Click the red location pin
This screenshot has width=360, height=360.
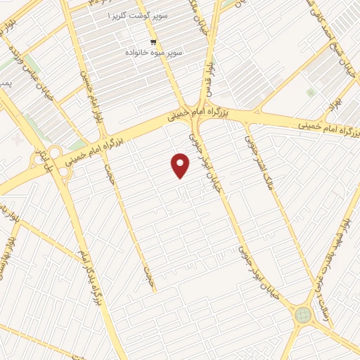181,165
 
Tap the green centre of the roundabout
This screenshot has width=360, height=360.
303,314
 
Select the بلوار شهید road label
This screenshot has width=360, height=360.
345,239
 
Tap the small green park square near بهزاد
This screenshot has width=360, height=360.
310,92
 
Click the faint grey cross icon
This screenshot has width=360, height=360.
18,138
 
